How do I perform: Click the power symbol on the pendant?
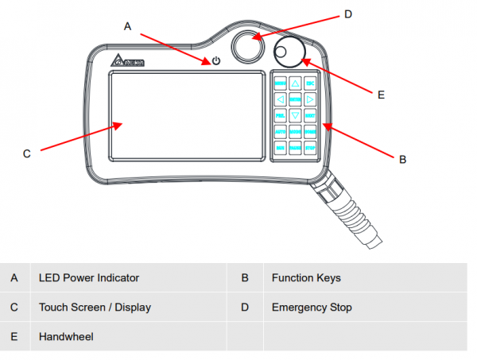point(215,61)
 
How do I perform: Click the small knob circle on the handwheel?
point(281,53)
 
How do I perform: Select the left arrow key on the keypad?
point(280,99)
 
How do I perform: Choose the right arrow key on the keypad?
point(310,99)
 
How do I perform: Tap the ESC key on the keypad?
point(310,83)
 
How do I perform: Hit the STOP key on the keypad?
point(310,147)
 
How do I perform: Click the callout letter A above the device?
point(127,26)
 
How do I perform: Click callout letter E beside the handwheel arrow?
point(381,95)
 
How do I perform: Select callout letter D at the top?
point(347,14)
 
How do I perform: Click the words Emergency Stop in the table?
point(312,307)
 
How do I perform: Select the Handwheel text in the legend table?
point(66,337)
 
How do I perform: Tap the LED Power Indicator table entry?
point(89,278)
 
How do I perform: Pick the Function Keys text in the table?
point(306,278)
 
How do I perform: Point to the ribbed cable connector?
point(341,207)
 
